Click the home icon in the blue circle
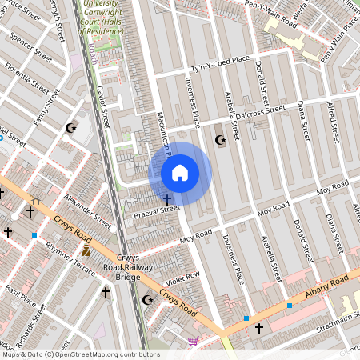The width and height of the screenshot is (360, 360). pos(180,173)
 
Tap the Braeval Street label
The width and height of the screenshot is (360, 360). pos(157,210)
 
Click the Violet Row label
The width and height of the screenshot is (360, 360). pos(182,278)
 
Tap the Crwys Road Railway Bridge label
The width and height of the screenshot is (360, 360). pos(128,267)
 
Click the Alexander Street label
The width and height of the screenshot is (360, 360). pos(88,208)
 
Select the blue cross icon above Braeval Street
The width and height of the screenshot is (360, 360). pos(166,198)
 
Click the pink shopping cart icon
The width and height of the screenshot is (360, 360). pos(193,341)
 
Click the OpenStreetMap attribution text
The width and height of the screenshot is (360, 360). pos(80,354)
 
